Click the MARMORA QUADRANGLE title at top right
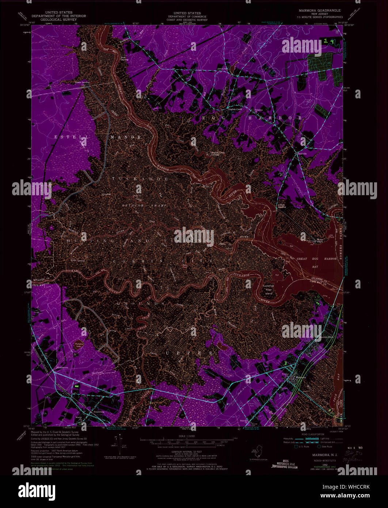tap(318, 11)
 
